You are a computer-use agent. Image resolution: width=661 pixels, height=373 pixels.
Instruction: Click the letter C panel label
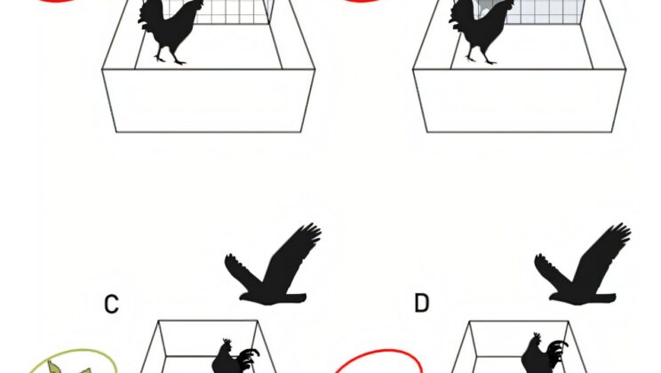[x=111, y=304]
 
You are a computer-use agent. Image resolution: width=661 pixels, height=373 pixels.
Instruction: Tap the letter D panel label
[x=421, y=304]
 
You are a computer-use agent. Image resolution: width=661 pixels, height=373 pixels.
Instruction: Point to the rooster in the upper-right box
[x=480, y=29]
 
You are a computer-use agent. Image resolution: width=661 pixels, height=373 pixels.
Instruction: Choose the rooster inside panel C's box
[x=233, y=358]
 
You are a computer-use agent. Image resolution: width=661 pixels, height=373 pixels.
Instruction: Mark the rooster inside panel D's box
[x=542, y=355]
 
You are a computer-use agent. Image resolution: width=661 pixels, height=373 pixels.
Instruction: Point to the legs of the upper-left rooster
[x=169, y=54]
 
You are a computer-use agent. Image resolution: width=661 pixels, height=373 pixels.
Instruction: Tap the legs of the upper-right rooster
[x=478, y=54]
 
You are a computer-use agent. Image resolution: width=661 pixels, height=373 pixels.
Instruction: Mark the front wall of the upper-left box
[x=208, y=100]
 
